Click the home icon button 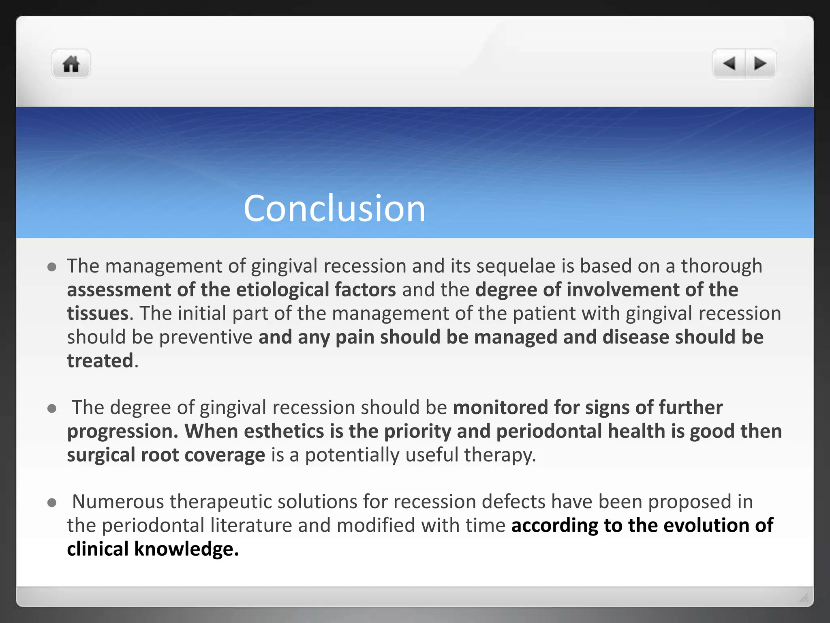pos(71,64)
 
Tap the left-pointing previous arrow pos(729,64)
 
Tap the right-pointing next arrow pos(760,64)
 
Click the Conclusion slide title pos(334,208)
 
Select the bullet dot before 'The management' pos(51,267)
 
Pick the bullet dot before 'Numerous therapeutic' pos(51,503)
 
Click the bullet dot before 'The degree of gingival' pos(51,408)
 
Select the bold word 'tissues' pos(98,314)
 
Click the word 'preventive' pos(205,337)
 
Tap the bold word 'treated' pos(100,361)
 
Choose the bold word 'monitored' pos(500,408)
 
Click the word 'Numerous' pos(118,502)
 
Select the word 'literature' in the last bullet pos(251,526)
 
